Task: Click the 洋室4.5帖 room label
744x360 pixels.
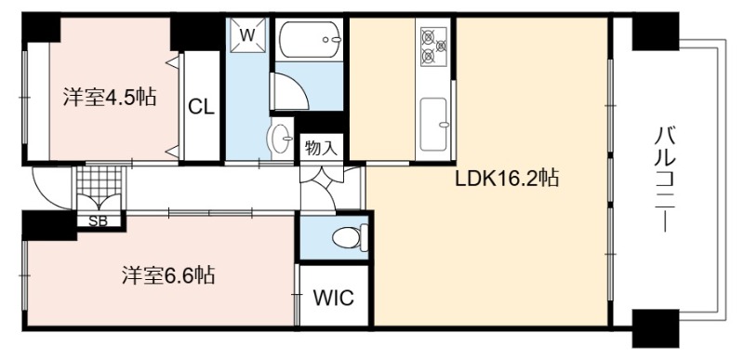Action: click(110, 98)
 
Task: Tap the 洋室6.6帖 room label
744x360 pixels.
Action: click(168, 274)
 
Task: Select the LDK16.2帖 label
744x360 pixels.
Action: click(507, 179)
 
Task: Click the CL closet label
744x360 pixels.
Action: click(202, 107)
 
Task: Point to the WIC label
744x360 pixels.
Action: click(334, 298)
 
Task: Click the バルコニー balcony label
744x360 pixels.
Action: click(663, 179)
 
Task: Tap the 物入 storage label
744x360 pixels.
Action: click(321, 148)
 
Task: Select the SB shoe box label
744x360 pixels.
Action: click(99, 221)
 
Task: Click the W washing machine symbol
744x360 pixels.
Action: click(246, 35)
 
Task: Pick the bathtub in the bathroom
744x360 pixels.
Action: click(310, 40)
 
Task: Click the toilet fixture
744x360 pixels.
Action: click(351, 236)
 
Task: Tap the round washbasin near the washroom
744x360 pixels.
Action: click(281, 138)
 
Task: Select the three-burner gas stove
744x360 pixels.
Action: click(433, 46)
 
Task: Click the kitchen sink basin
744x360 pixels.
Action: click(433, 125)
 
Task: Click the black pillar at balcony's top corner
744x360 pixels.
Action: click(656, 31)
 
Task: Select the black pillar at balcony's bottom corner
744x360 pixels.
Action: click(656, 328)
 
